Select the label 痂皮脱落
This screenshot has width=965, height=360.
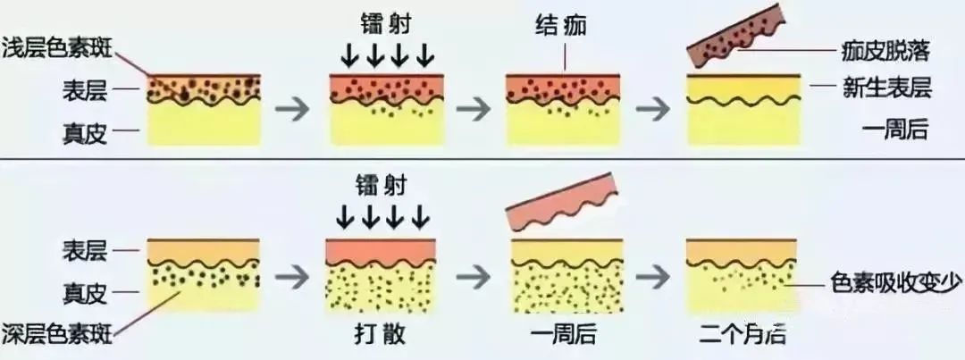pyautogui.click(x=885, y=53)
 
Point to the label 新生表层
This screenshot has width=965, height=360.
pyautogui.click(x=887, y=89)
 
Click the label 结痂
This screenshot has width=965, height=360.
pyautogui.click(x=561, y=26)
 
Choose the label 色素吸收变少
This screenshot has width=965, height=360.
pyautogui.click(x=894, y=284)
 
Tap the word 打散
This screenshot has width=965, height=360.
pyautogui.click(x=381, y=334)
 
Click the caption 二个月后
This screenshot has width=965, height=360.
pyautogui.click(x=743, y=334)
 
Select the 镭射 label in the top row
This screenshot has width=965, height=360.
pyautogui.click(x=384, y=25)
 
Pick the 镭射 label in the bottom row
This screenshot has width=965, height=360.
pyautogui.click(x=381, y=185)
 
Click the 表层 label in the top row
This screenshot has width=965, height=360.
pyautogui.click(x=85, y=91)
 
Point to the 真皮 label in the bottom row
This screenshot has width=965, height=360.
pyautogui.click(x=85, y=294)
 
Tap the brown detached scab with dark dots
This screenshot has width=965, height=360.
pyautogui.click(x=734, y=35)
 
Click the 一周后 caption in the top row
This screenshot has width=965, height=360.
pyautogui.click(x=897, y=130)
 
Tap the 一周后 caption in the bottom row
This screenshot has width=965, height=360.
pyautogui.click(x=563, y=334)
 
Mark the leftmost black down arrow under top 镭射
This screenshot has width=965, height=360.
pyautogui.click(x=350, y=56)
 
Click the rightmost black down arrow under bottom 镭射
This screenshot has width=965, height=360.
pyautogui.click(x=420, y=216)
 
